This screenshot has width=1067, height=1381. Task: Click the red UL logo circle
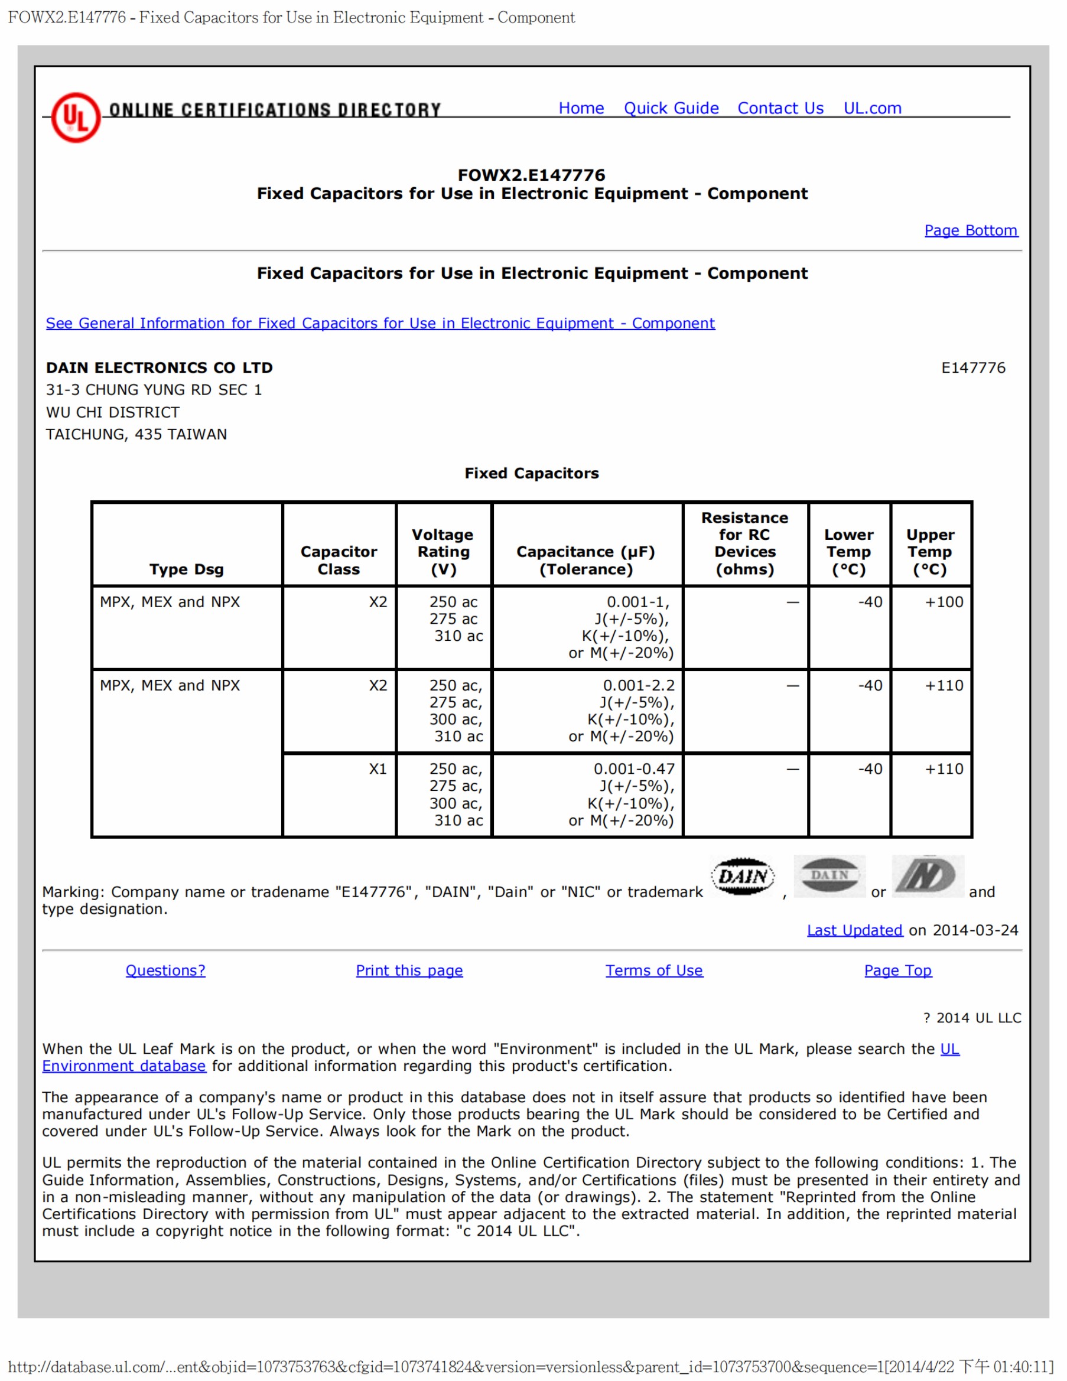75,118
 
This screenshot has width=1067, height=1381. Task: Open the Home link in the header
581,108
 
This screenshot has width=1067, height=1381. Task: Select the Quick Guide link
671,108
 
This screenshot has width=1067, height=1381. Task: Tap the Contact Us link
780,108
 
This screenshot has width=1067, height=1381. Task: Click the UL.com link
871,108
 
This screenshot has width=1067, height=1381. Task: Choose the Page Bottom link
970,230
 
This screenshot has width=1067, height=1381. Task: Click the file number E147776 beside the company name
972,367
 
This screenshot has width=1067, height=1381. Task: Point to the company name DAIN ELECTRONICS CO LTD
160,367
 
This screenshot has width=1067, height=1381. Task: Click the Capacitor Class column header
339,559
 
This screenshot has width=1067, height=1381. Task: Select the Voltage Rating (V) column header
443,551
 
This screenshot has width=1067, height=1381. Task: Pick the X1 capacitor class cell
378,769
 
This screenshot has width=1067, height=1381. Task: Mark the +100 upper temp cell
944,602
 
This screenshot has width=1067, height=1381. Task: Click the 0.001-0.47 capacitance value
634,769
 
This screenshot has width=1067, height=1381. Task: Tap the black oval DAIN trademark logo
743,877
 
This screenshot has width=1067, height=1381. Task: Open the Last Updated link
854,930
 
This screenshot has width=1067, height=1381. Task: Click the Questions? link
165,970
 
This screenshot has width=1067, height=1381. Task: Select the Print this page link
409,970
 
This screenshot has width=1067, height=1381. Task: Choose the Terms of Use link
653,970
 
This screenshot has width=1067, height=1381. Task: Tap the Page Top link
897,970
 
